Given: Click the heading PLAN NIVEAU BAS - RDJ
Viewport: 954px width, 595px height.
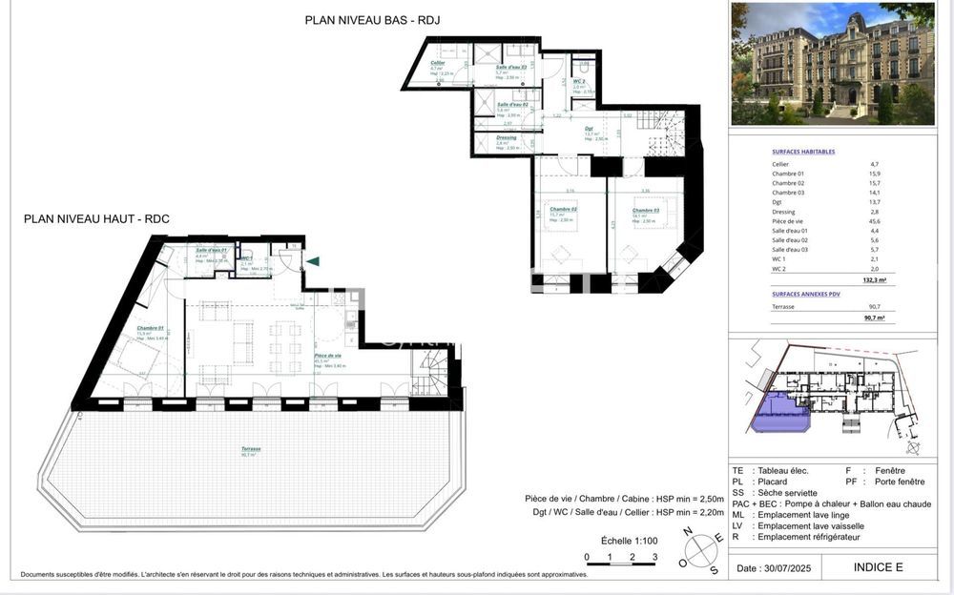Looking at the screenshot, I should (x=372, y=19).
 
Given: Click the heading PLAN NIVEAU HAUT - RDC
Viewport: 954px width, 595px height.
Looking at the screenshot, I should (x=96, y=218).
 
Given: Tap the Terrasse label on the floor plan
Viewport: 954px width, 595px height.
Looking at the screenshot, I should (x=251, y=448).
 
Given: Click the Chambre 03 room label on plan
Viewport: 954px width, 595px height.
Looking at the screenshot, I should (x=645, y=210).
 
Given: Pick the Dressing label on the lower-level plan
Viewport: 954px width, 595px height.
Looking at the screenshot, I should (x=506, y=137).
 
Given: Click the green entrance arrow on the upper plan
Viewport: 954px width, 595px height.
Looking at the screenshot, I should (x=313, y=260).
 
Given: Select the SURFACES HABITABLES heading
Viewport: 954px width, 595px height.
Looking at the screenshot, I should (x=802, y=152).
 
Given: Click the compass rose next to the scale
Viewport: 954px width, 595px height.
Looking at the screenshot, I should (x=703, y=550).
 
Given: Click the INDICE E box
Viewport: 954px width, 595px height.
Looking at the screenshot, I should (x=877, y=567).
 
